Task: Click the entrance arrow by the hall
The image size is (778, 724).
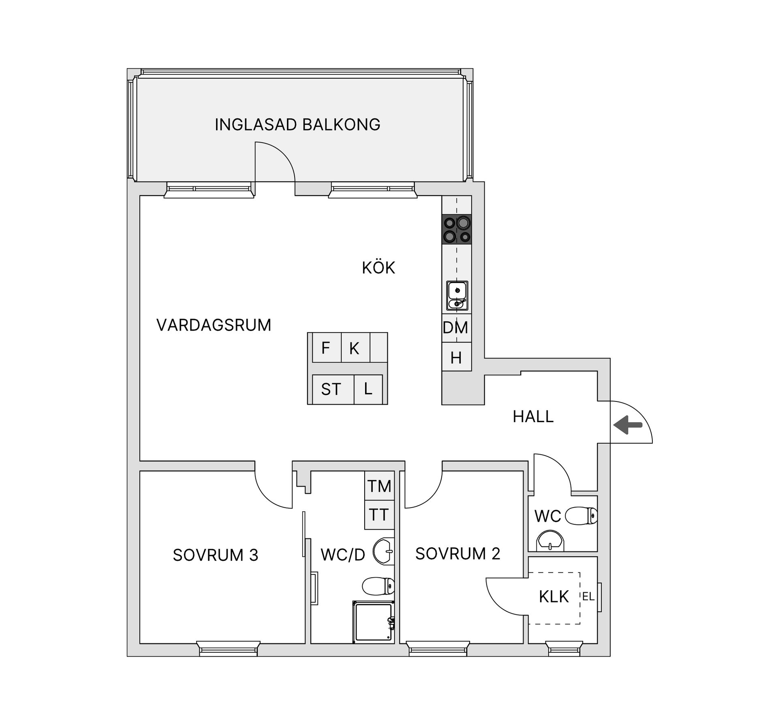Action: click(628, 425)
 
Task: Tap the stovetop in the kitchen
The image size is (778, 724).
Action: click(457, 229)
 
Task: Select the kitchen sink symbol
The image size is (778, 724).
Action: click(457, 295)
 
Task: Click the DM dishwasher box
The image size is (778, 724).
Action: click(456, 328)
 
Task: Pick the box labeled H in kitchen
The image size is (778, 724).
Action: click(456, 358)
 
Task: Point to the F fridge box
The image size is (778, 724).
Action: click(326, 348)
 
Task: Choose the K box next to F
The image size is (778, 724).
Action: click(355, 348)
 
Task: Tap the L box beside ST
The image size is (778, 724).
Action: click(368, 389)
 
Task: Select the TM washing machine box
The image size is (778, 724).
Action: click(379, 486)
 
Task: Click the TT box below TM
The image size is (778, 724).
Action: click(379, 515)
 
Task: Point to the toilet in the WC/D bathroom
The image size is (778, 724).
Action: click(378, 585)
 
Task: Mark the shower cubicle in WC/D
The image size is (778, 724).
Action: click(374, 622)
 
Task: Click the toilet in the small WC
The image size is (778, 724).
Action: click(581, 516)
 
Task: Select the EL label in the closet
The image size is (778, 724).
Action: click(588, 596)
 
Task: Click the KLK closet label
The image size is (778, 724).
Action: click(554, 597)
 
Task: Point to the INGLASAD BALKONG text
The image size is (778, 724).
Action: click(297, 125)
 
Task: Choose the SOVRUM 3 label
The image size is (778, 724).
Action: click(216, 555)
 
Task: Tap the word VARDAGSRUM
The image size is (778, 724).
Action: click(214, 325)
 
